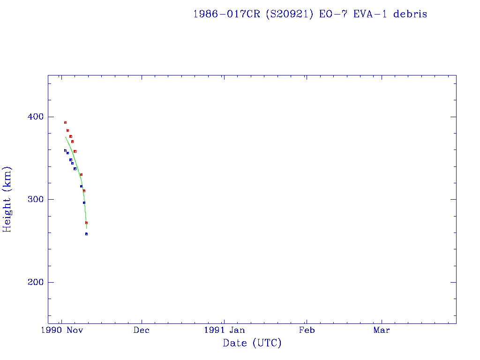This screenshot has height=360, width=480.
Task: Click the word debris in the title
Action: pyautogui.click(x=410, y=14)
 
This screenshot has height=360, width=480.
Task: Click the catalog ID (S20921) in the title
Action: pyautogui.click(x=289, y=14)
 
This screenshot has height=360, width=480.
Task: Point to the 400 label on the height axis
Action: pyautogui.click(x=32, y=117)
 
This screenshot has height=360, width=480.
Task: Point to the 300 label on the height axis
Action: pyautogui.click(x=32, y=199)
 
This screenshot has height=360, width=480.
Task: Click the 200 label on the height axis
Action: pyautogui.click(x=32, y=282)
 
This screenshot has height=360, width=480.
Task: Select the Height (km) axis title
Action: pyautogui.click(x=7, y=199)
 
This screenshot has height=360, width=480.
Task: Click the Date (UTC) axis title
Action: pyautogui.click(x=252, y=343)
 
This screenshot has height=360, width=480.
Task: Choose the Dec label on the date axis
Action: pyautogui.click(x=142, y=330)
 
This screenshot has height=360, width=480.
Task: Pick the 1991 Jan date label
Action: pyautogui.click(x=224, y=330)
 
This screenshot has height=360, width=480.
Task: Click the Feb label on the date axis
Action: pyautogui.click(x=307, y=330)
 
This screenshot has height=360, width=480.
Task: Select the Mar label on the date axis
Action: pyautogui.click(x=381, y=330)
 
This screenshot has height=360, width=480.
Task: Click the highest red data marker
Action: pyautogui.click(x=65, y=122)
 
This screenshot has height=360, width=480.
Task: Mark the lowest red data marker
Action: pyautogui.click(x=86, y=223)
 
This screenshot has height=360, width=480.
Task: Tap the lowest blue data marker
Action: pyautogui.click(x=86, y=233)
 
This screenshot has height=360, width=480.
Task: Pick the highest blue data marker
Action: pyautogui.click(x=65, y=150)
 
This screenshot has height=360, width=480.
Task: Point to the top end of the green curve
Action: pyautogui.click(x=66, y=137)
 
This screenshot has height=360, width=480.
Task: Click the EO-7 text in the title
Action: pyautogui.click(x=330, y=14)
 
